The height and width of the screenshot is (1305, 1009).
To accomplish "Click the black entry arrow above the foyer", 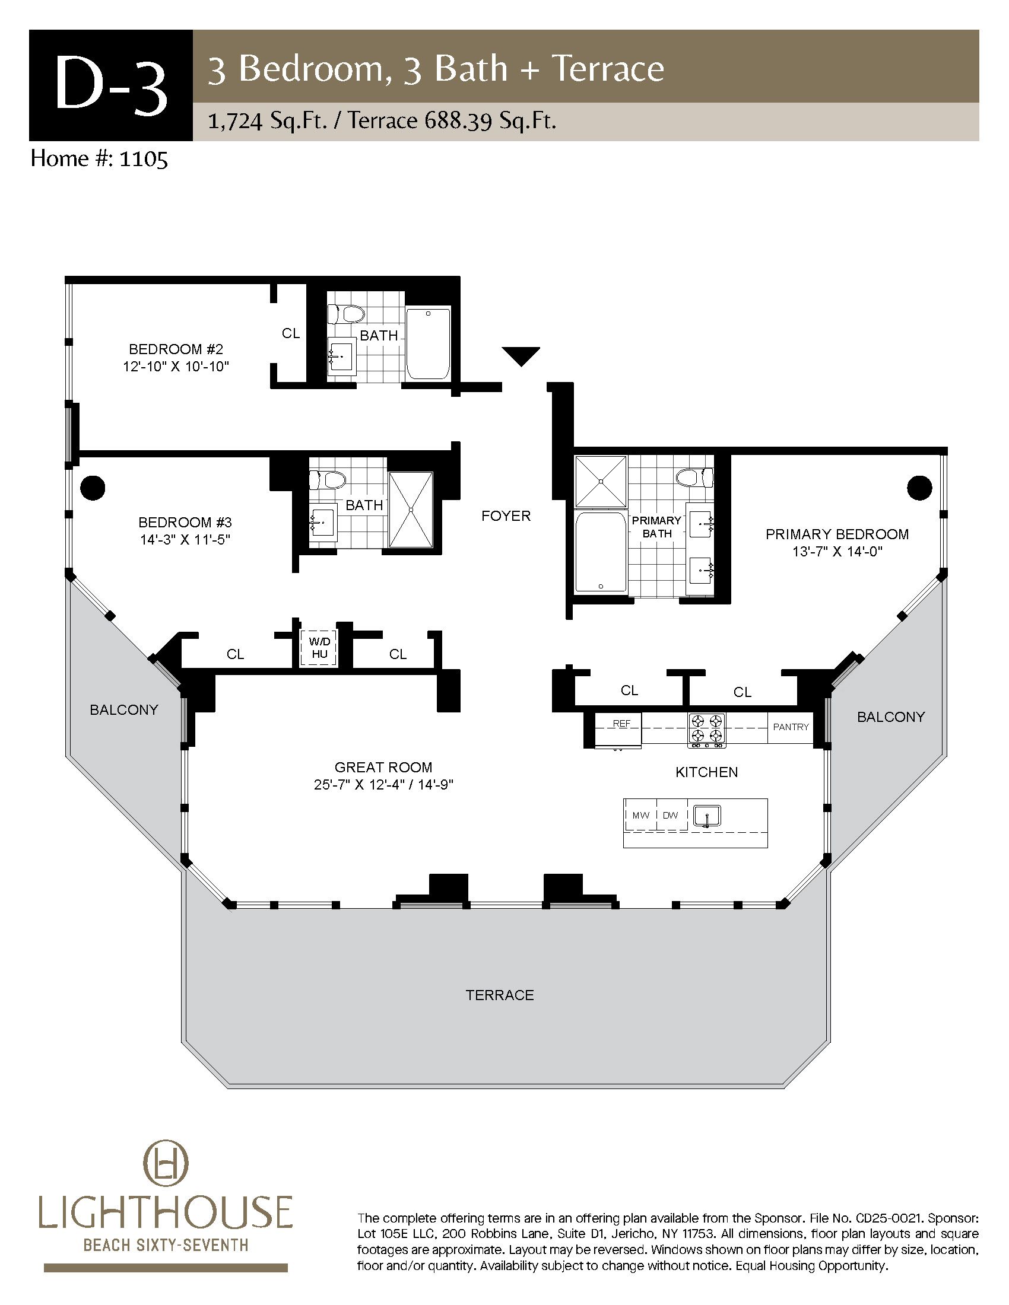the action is point(521,355).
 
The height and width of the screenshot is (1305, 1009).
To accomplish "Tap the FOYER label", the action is point(506,515).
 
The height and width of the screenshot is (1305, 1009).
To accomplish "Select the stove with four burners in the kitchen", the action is point(707,729).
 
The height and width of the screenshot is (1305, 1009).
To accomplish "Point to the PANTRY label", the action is point(790,727).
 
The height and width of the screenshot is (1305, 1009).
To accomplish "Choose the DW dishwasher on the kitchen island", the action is point(671,815).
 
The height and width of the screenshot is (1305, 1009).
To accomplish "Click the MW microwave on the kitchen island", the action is point(640,815).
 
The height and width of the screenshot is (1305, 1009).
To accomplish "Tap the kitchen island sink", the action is point(706,816).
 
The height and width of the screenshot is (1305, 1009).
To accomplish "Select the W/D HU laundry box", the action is point(319,648).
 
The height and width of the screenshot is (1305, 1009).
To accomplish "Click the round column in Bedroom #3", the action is point(92,488).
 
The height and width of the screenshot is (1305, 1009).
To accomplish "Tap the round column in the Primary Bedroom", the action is point(919,488).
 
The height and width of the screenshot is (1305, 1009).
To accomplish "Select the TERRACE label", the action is point(500,995).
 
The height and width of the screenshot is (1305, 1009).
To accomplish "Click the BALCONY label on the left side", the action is point(123,710).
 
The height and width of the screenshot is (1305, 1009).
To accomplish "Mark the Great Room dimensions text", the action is point(383,785).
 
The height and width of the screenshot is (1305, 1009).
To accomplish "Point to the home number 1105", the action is point(144,159).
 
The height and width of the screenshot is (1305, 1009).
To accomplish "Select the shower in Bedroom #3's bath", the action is point(411,509).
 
